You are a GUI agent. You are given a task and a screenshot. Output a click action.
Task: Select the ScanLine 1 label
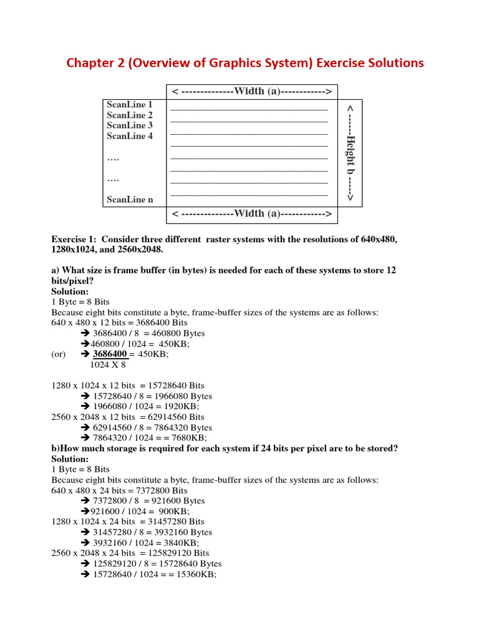[x=129, y=105]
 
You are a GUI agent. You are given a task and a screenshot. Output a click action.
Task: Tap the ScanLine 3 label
[x=129, y=125]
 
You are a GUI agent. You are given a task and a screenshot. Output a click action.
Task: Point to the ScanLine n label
[x=129, y=200]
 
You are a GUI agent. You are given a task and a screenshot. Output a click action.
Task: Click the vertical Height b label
[x=350, y=153]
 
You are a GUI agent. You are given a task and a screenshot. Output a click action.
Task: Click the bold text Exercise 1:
[x=74, y=240]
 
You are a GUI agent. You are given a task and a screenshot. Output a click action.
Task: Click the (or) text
[x=59, y=354]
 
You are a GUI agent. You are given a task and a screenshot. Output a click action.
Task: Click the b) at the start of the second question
[x=55, y=449]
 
